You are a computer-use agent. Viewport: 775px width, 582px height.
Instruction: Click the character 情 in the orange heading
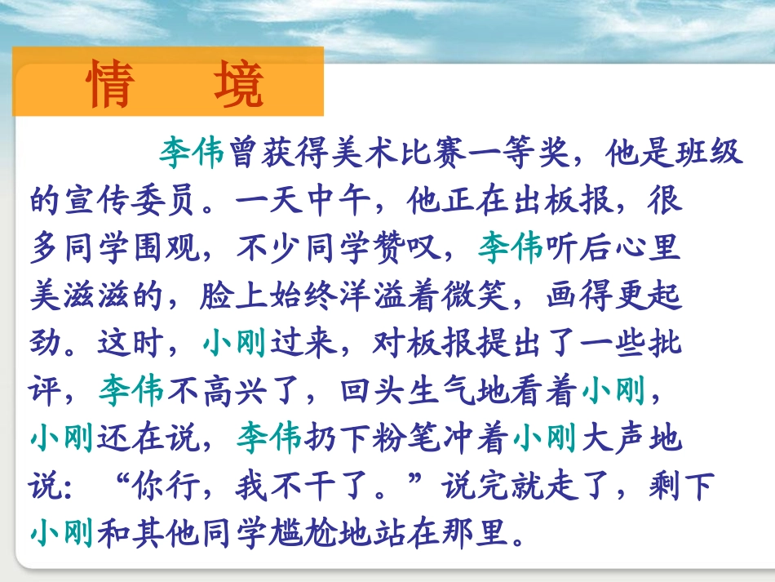[111, 85]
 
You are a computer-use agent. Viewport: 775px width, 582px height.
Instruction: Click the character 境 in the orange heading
[240, 85]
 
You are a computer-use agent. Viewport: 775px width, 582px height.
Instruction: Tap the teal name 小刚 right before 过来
[234, 344]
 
